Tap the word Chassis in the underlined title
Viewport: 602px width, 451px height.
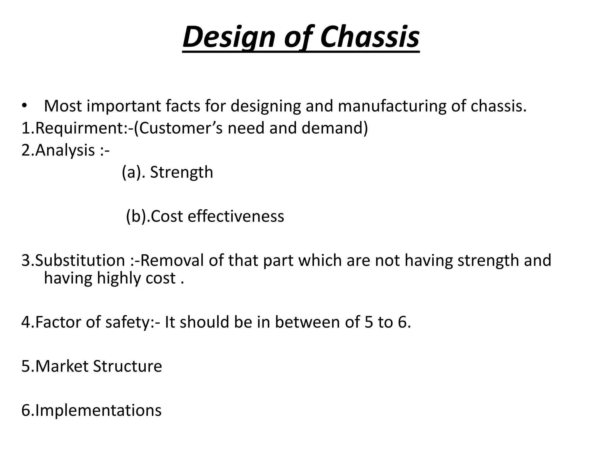click(x=370, y=38)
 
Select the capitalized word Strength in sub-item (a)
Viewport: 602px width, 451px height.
click(x=181, y=172)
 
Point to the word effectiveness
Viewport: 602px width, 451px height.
click(x=236, y=216)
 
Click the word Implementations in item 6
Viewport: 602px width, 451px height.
click(x=98, y=410)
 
